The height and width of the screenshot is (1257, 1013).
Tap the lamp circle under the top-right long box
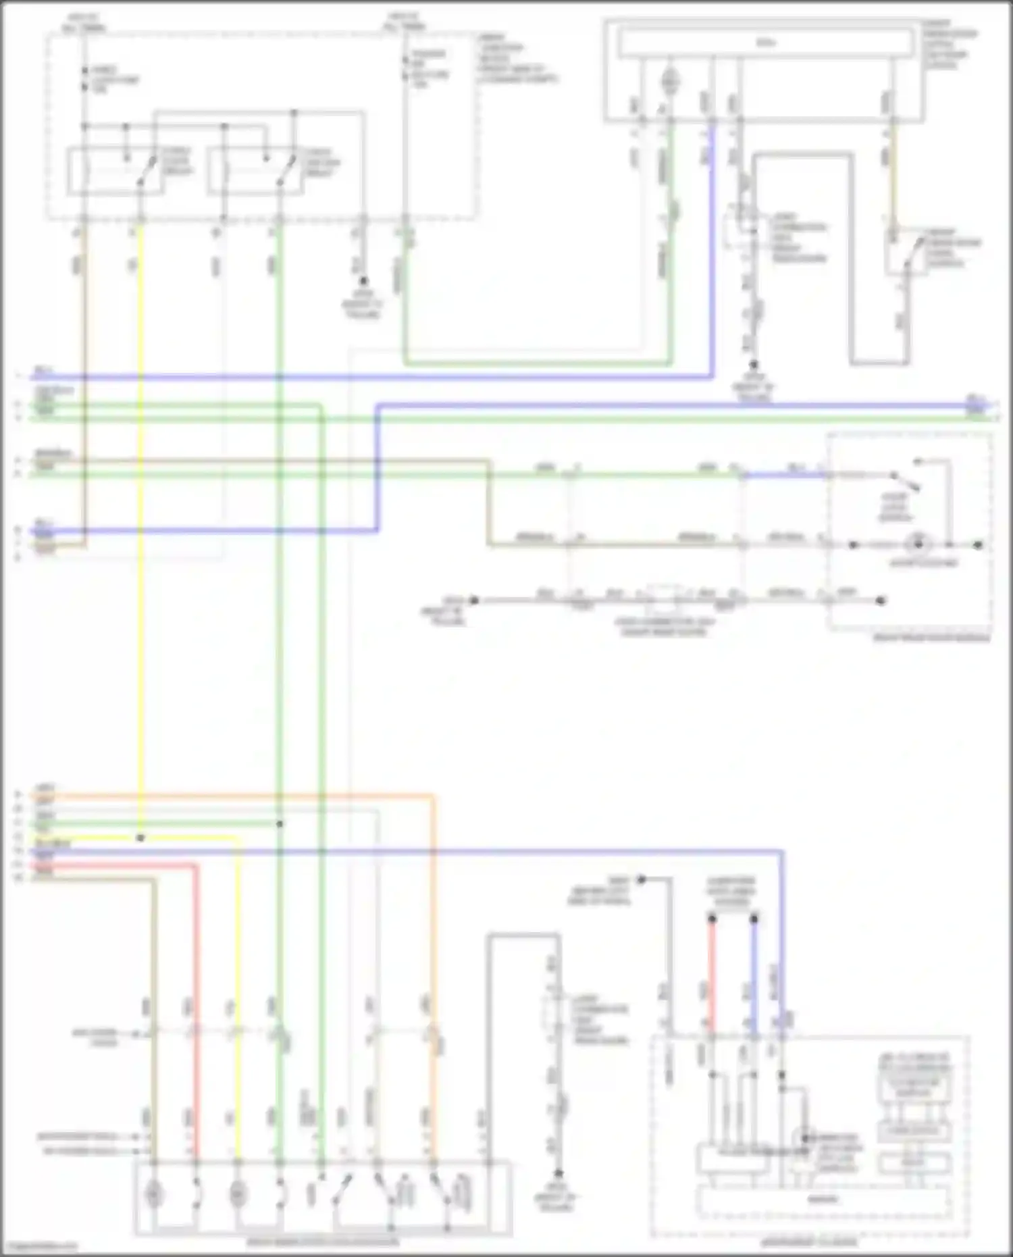[671, 82]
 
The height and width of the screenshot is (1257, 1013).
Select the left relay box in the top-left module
[115, 172]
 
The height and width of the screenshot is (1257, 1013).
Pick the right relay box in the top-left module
[253, 172]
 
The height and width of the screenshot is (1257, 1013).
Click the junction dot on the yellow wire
[140, 838]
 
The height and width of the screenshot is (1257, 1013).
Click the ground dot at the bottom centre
[559, 1174]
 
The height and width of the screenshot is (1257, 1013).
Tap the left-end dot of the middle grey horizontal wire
[474, 600]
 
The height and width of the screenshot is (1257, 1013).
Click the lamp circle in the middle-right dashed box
[918, 544]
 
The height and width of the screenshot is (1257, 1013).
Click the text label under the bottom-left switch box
[323, 1241]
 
